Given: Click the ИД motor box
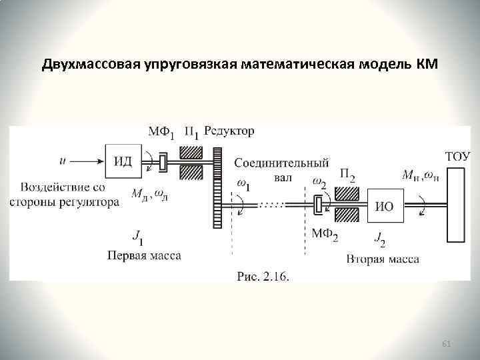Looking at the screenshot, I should (123, 161).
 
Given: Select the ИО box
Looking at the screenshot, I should (384, 205).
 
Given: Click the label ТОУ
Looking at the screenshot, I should (457, 157).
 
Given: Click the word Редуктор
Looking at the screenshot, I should (229, 131).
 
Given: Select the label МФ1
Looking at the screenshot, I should (162, 133).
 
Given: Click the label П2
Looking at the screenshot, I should (347, 175).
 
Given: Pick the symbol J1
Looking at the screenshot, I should (138, 235).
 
